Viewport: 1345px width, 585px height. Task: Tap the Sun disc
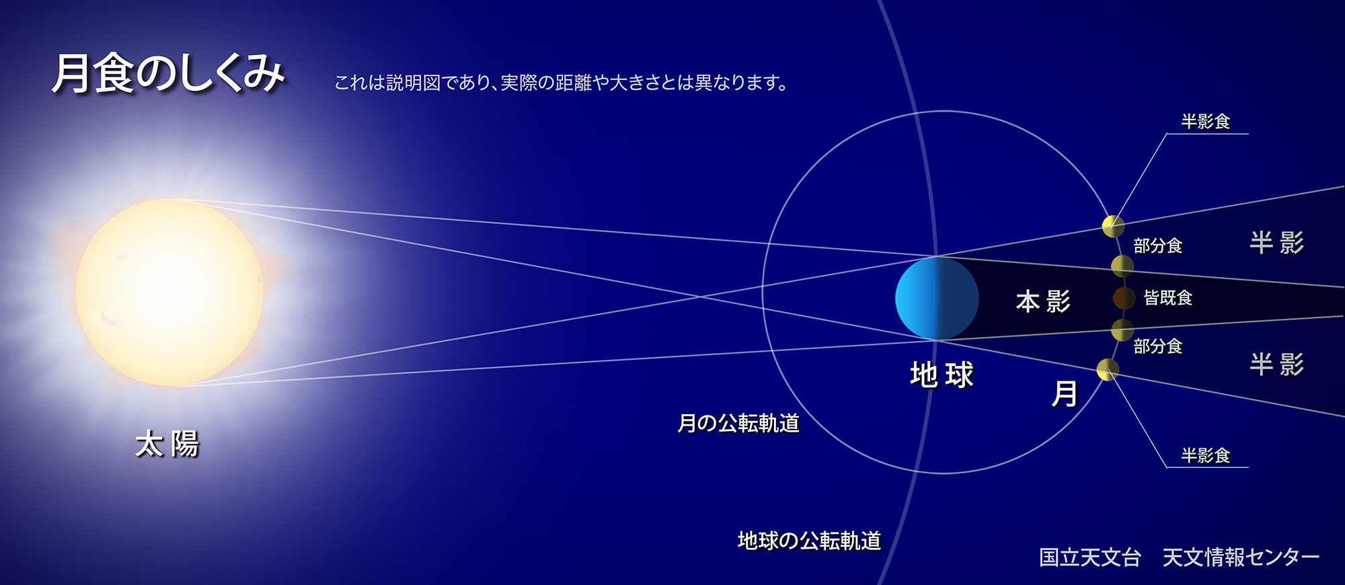(x=169, y=292)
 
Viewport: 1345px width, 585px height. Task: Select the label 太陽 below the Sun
(x=167, y=444)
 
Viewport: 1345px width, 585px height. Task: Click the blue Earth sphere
(x=937, y=298)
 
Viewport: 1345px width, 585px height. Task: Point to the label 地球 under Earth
(x=942, y=375)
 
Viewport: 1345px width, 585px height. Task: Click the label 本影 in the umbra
(x=1043, y=301)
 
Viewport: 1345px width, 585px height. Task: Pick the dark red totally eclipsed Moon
(x=1124, y=298)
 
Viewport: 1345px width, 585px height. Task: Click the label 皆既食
(x=1168, y=297)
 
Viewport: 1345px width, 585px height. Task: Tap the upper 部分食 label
(x=1157, y=245)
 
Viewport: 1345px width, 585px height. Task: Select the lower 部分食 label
(x=1157, y=346)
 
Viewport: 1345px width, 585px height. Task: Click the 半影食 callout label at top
(x=1206, y=121)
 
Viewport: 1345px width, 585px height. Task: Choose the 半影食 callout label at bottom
(x=1206, y=455)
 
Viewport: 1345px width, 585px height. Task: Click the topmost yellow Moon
(x=1113, y=227)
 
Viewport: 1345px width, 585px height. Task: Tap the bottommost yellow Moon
(x=1108, y=369)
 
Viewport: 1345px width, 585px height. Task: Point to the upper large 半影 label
(x=1277, y=242)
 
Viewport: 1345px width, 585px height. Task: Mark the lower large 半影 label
(x=1277, y=364)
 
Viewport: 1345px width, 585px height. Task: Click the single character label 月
(x=1065, y=393)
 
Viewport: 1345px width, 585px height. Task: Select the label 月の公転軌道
(x=738, y=423)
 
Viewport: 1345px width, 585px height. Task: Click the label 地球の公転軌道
(x=810, y=541)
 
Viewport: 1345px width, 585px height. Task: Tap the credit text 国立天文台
(x=1090, y=557)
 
